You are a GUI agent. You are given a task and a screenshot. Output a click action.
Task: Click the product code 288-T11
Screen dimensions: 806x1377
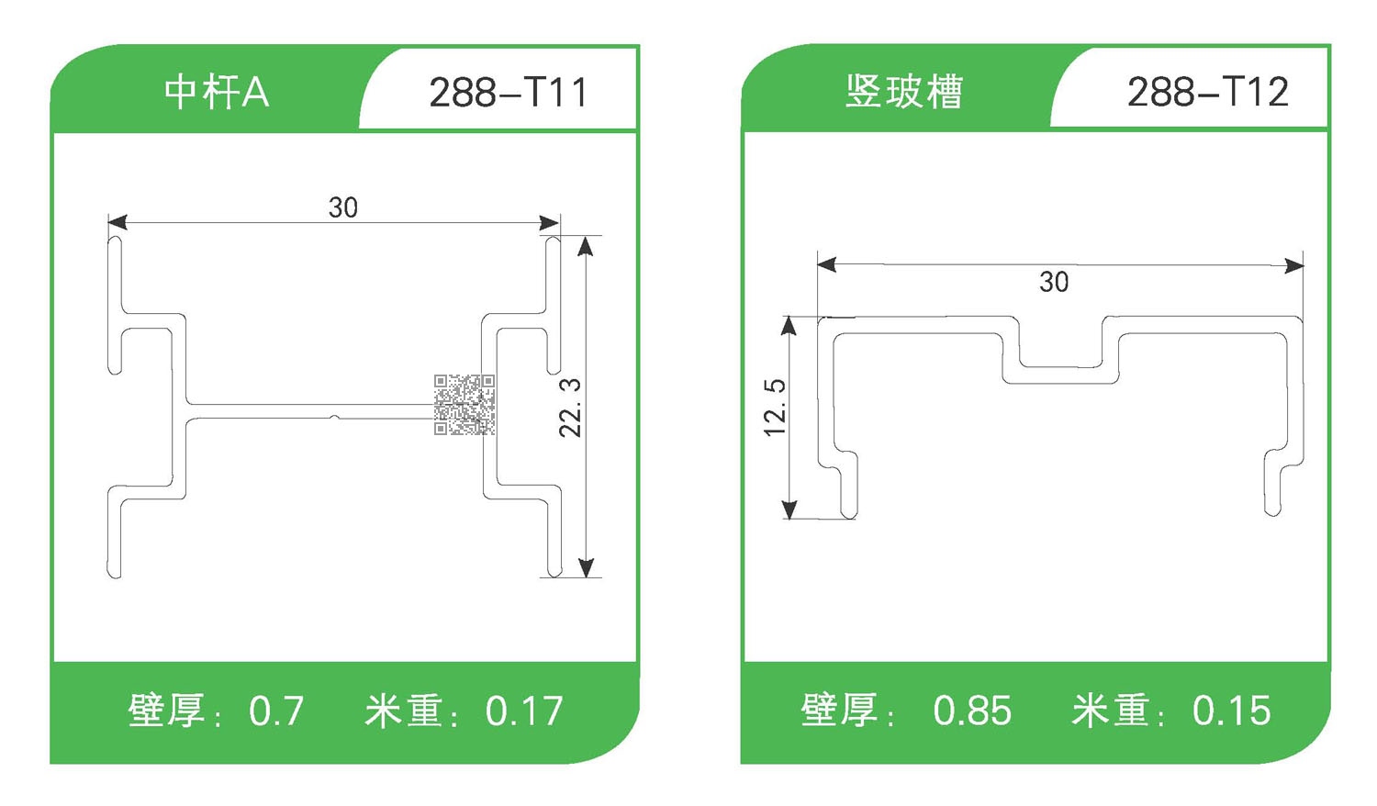[x=508, y=93]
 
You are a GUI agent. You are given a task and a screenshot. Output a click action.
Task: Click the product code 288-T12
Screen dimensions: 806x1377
[x=1207, y=92]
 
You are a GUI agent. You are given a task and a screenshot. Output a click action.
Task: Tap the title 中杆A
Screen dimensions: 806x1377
[x=217, y=93]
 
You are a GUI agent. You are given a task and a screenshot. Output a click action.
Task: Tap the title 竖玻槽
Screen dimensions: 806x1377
[x=903, y=92]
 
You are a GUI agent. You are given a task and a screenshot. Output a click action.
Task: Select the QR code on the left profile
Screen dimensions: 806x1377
[x=465, y=404]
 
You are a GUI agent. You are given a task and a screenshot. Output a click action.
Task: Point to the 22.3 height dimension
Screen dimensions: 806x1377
[x=571, y=407]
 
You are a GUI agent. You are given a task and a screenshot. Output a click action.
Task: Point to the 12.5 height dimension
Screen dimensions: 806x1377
[x=776, y=407]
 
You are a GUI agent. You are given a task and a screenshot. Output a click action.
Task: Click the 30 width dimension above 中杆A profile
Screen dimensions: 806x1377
[x=342, y=207]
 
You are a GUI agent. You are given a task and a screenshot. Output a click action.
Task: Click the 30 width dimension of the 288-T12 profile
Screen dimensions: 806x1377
[x=1054, y=282]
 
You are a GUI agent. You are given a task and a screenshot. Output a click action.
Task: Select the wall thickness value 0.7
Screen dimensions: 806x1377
[x=276, y=711]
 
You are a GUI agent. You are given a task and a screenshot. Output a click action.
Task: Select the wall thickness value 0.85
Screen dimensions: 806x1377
[x=972, y=711]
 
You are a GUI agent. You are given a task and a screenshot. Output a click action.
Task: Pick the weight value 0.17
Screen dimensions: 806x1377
[x=524, y=711]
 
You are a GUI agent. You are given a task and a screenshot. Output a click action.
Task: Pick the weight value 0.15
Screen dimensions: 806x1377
[x=1231, y=711]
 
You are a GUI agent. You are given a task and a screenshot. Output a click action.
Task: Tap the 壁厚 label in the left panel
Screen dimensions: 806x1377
[x=166, y=711]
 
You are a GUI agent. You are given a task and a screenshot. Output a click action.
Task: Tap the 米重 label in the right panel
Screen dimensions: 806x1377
[x=1110, y=711]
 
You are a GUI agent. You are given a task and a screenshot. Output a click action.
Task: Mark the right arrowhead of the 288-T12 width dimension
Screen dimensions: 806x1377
[x=1294, y=266]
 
